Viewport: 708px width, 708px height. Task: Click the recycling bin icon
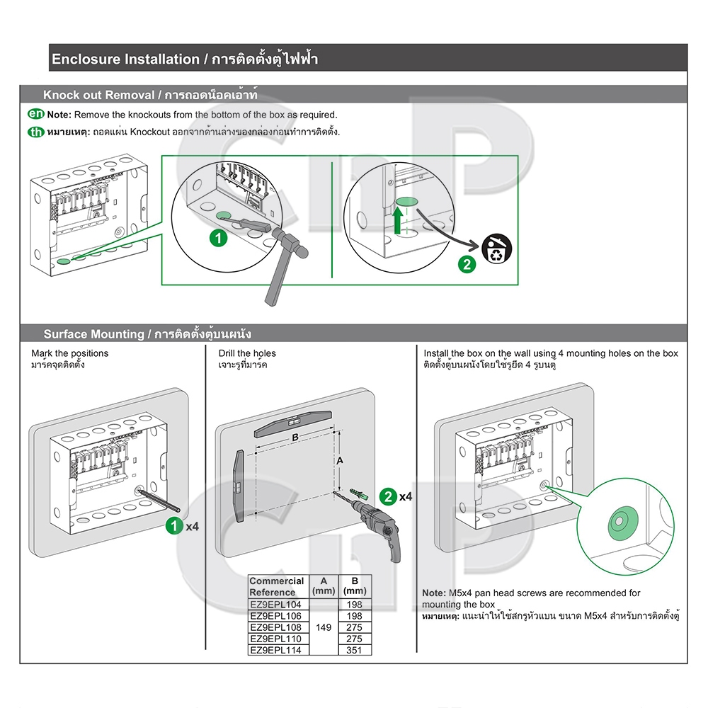(497, 249)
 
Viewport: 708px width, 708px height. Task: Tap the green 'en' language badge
(36, 114)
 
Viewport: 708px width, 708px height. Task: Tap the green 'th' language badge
(36, 132)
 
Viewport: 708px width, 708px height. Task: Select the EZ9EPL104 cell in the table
(275, 604)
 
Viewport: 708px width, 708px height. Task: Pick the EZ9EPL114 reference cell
(275, 650)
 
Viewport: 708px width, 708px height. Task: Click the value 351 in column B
(355, 650)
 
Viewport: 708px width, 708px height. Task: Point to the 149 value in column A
(324, 627)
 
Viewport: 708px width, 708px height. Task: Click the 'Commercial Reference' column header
(276, 586)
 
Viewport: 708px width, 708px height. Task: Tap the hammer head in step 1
(291, 241)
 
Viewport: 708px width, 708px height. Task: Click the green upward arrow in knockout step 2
(397, 220)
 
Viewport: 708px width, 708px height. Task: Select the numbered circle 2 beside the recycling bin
(467, 264)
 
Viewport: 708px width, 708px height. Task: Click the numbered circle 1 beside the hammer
(219, 238)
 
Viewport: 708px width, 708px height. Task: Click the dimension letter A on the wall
(340, 461)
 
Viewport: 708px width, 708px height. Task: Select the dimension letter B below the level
(295, 437)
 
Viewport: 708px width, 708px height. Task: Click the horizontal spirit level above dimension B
(292, 423)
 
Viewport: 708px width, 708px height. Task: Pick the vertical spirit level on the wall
(239, 486)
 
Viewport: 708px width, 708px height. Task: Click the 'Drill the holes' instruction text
(247, 353)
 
